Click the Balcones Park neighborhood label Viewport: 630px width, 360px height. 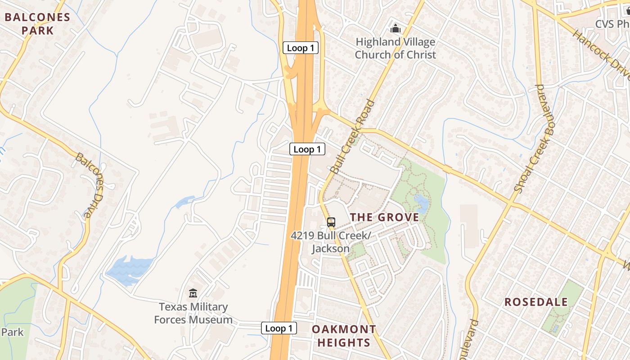pyautogui.click(x=37, y=24)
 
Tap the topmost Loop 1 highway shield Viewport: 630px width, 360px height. pyautogui.click(x=300, y=48)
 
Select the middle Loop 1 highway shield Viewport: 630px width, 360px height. pyautogui.click(x=307, y=149)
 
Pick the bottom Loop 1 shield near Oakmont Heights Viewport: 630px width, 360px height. pyautogui.click(x=279, y=328)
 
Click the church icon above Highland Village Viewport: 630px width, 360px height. pyautogui.click(x=396, y=29)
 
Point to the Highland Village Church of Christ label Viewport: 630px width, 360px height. pyautogui.click(x=395, y=48)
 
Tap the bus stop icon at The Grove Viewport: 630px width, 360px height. pyautogui.click(x=331, y=222)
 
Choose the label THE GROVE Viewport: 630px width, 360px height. pyautogui.click(x=384, y=217)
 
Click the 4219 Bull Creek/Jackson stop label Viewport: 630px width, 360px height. pyautogui.click(x=331, y=242)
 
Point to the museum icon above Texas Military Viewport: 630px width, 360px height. pyautogui.click(x=193, y=293)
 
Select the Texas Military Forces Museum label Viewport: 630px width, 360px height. pyautogui.click(x=193, y=313)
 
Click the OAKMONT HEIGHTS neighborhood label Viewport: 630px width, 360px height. pyautogui.click(x=343, y=336)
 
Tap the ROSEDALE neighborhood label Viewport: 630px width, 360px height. pyautogui.click(x=536, y=301)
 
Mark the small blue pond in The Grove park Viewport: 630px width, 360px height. pyautogui.click(x=423, y=205)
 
